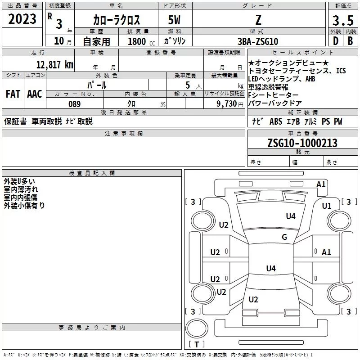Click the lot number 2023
[22, 19]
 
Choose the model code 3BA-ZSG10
[258, 41]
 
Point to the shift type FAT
[13, 94]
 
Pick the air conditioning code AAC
[34, 94]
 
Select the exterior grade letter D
[335, 41]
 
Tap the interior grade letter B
[350, 41]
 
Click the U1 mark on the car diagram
[326, 206]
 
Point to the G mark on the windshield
[284, 237]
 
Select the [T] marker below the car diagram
[197, 344]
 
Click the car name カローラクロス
[117, 20]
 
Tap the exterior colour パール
[97, 85]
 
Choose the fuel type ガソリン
[176, 41]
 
